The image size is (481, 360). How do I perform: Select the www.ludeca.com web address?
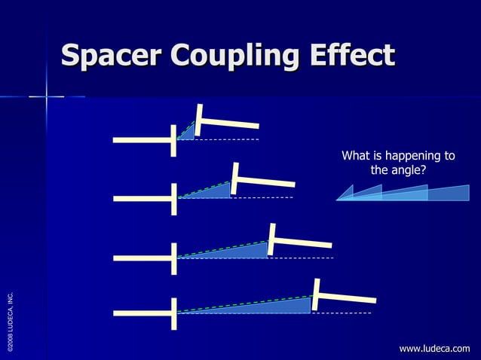[434, 349]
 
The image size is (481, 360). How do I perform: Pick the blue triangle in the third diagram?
[241, 250]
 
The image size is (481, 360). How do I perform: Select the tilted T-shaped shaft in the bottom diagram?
[342, 296]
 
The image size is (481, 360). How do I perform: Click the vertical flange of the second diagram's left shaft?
[175, 198]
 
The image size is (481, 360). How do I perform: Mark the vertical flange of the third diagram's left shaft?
[175, 258]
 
